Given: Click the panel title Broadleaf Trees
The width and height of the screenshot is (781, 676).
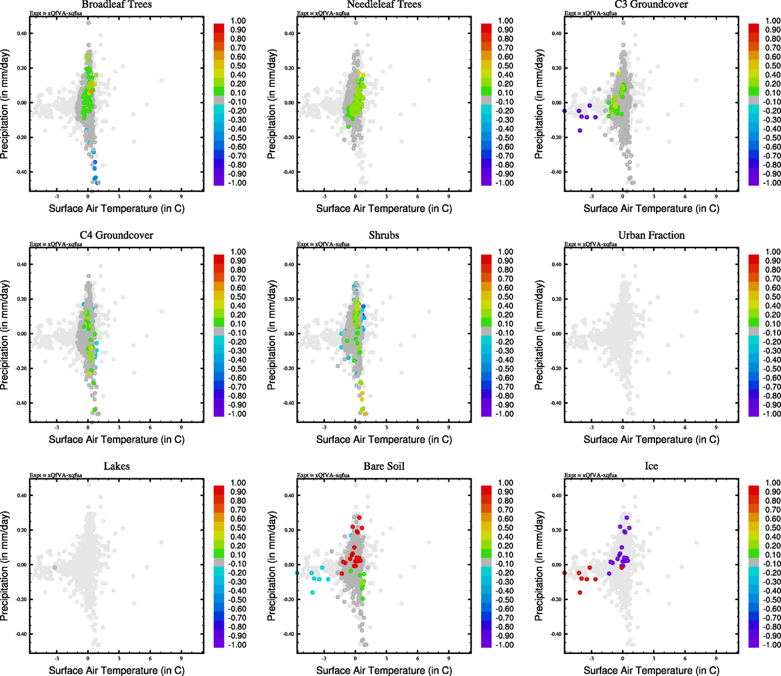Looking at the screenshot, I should click(x=116, y=5).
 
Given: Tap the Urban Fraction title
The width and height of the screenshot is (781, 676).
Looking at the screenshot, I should click(x=651, y=235).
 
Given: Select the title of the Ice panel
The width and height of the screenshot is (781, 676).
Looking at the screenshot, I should click(x=651, y=466).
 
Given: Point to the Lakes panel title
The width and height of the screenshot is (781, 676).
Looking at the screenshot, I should click(x=116, y=466).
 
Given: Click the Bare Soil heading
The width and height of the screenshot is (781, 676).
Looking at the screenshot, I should click(x=384, y=466).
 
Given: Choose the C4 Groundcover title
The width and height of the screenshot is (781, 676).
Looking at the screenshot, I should click(x=116, y=235).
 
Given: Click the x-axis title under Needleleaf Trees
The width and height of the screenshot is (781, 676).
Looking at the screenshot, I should click(x=384, y=208).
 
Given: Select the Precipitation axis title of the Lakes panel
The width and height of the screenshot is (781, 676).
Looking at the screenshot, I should click(x=5, y=566).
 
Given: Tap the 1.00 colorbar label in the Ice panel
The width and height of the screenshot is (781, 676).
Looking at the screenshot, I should click(x=773, y=483).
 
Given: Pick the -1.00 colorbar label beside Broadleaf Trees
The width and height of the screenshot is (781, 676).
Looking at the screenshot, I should click(x=237, y=183).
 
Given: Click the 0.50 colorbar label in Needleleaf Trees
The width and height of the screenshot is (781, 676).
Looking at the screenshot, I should click(x=505, y=66).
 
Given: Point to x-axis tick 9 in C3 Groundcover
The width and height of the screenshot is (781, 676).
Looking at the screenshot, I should click(x=716, y=197).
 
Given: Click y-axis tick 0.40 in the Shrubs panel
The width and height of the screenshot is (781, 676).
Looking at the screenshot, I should click(x=289, y=264).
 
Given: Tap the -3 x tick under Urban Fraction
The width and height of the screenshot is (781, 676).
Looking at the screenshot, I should click(x=591, y=428).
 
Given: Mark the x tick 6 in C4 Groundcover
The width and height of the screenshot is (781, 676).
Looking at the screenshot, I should click(x=150, y=428).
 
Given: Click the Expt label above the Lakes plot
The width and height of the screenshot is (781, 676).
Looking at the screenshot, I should click(x=56, y=475).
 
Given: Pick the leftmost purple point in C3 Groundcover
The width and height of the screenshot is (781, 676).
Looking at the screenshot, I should click(x=564, y=111).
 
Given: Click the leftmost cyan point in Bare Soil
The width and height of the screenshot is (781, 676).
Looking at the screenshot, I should click(x=297, y=573).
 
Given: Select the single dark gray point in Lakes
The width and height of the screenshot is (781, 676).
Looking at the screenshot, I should click(x=55, y=567).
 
